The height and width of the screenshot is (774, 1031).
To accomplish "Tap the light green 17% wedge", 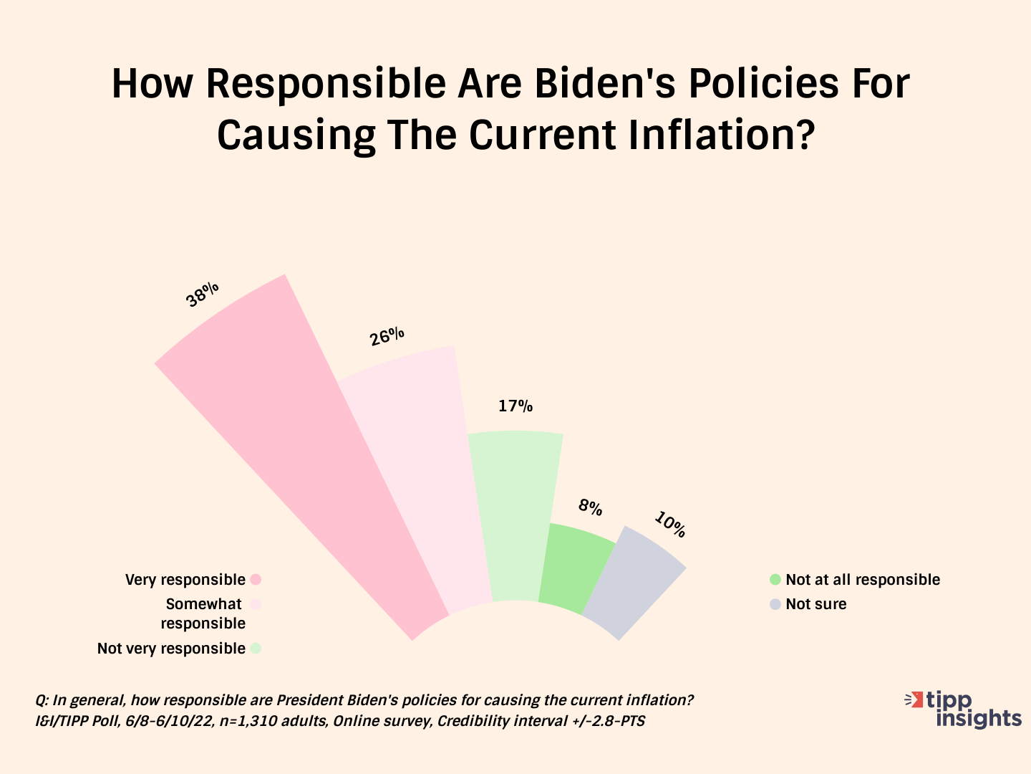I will (x=514, y=516).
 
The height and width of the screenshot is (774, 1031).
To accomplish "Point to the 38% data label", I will (x=202, y=295).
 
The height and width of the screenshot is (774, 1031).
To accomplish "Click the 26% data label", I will (x=387, y=337).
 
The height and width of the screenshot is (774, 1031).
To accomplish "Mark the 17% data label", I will (x=515, y=406).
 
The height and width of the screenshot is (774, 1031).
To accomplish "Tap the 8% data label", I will (x=590, y=507).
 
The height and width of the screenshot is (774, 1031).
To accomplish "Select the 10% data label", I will (x=670, y=525).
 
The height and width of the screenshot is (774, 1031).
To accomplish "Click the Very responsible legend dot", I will (x=256, y=580).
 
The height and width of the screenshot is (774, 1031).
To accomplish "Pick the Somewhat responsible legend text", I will (x=203, y=613).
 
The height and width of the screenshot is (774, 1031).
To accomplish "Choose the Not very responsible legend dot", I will (x=256, y=649).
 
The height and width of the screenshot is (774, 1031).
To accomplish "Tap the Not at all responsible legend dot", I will (x=775, y=580).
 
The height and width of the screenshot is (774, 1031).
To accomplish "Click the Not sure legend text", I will (x=816, y=604).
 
